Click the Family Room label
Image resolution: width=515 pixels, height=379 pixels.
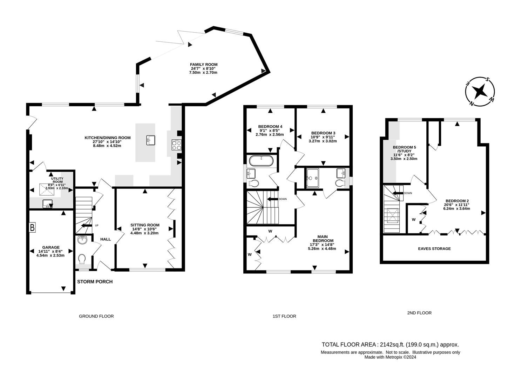(203, 65)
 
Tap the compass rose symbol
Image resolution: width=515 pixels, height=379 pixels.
(480, 91)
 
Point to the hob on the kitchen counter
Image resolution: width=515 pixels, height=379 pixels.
(176, 145)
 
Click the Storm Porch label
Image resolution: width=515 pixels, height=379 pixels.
(95, 281)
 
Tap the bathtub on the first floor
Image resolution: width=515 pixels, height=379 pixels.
(261, 161)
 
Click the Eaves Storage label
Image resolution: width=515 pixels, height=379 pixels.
(434, 248)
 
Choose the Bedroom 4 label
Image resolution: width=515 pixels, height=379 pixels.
(270, 127)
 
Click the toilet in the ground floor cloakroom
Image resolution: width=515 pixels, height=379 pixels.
(82, 259)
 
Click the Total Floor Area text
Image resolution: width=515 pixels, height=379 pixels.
(390, 345)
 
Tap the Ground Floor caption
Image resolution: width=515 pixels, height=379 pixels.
(96, 316)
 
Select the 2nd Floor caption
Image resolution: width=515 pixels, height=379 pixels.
(419, 313)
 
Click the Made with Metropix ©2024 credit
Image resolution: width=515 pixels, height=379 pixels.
(390, 357)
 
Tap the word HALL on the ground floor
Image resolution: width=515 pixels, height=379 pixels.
(105, 239)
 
